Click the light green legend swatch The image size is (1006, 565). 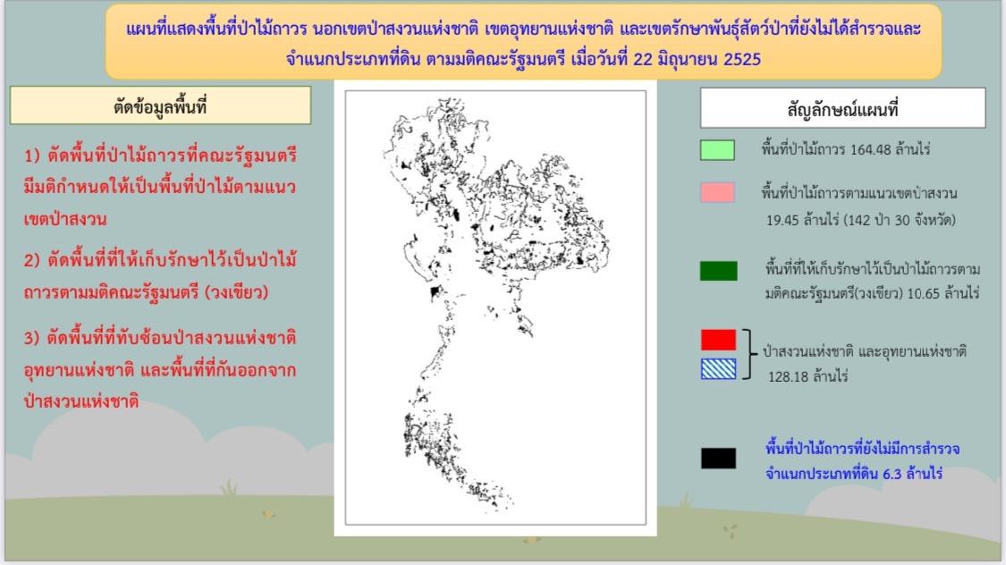pos(717,150)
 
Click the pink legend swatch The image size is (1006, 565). pos(717,192)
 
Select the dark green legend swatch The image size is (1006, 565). pos(718,271)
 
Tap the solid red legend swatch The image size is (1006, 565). pos(718,340)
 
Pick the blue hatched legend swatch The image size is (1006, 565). pos(718,368)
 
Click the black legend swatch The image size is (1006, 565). pos(718,459)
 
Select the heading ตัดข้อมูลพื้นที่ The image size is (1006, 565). pos(160,106)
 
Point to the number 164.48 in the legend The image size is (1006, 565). pos(858,150)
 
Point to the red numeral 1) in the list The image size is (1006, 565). pos(34,156)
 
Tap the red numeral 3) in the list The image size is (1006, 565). pos(34,341)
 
